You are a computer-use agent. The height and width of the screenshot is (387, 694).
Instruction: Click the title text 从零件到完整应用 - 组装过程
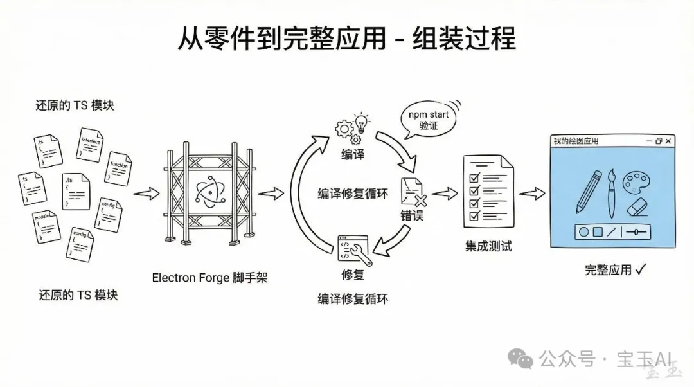(x=346, y=38)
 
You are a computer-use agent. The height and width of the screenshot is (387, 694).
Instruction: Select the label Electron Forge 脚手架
(x=209, y=278)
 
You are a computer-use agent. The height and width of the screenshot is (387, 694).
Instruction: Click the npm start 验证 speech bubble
(x=428, y=120)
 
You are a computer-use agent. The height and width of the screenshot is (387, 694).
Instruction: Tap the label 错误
(x=412, y=217)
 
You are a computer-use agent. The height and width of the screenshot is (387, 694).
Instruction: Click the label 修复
(x=353, y=275)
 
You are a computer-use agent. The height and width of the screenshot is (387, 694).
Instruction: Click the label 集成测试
(x=488, y=246)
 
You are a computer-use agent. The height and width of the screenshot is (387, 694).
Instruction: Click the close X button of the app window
(x=669, y=141)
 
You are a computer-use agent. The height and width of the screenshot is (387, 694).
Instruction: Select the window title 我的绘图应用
(x=576, y=141)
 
